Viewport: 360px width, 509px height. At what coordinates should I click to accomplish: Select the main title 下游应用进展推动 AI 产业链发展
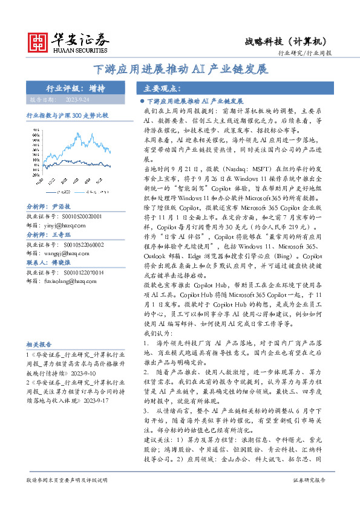pos(180,69)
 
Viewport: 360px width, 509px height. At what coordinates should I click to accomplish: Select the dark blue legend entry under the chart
pos(59,192)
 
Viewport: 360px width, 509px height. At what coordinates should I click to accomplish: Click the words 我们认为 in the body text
pos(157,334)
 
